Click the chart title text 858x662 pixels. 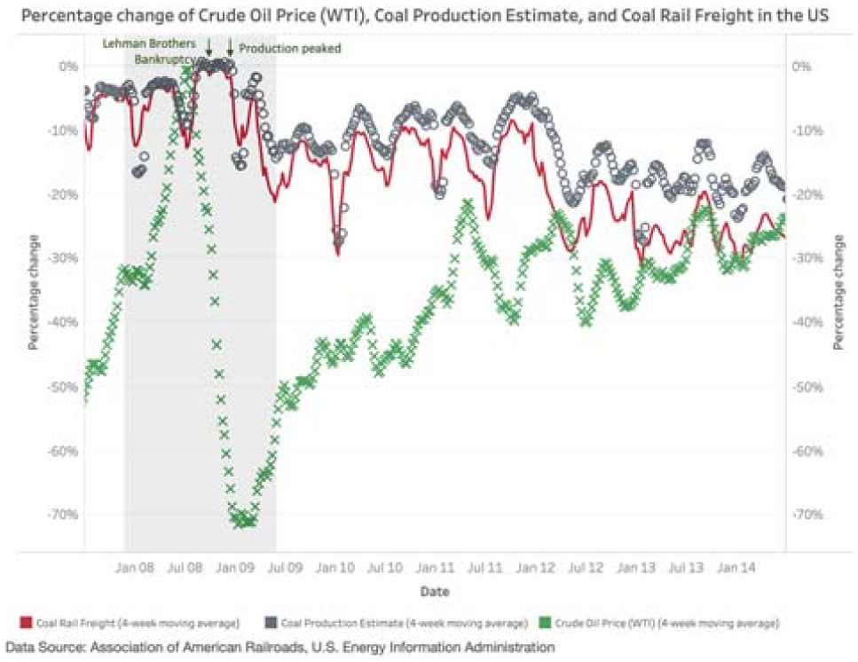tap(425, 15)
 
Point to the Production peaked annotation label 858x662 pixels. tap(290, 48)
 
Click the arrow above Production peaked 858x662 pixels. tap(230, 48)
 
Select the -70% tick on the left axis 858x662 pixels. tap(62, 515)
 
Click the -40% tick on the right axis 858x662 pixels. tap(807, 322)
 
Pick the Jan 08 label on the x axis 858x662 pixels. tap(135, 568)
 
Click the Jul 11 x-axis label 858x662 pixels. tap(484, 568)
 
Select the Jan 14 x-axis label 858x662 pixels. tap(736, 568)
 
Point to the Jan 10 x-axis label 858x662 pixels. tap(335, 568)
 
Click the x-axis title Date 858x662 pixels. tap(435, 591)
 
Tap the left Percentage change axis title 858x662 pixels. tap(34, 292)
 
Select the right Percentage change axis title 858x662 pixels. tap(838, 292)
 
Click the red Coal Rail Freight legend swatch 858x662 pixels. tap(26, 623)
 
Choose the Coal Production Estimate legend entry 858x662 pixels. tap(396, 623)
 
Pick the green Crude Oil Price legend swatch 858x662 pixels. tap(545, 623)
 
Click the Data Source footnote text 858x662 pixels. tap(279, 647)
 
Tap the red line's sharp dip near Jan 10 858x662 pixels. tap(338, 254)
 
